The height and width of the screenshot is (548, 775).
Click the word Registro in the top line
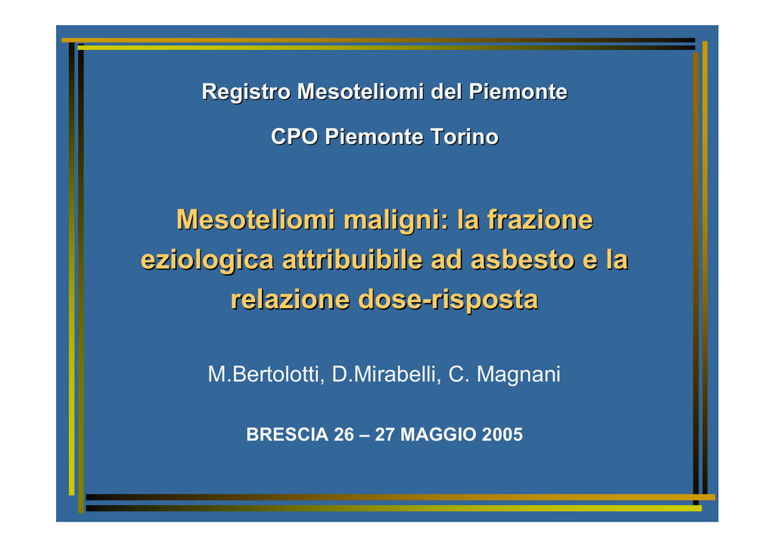pos(246,92)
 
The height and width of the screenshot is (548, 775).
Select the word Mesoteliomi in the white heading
pos(361,92)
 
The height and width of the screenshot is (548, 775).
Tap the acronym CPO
pos(294,137)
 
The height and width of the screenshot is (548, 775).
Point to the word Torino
pos(464,137)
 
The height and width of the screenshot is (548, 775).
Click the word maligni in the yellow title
pos(396,220)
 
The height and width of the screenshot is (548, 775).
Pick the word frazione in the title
pos(540,220)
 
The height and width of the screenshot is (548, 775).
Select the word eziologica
pos(207,260)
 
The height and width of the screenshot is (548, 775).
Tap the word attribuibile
pos(353,260)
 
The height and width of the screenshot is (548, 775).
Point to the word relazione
pos(290,300)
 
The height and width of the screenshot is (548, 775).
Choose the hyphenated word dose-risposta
pos(448,300)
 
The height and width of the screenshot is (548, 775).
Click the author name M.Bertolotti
pos(266,374)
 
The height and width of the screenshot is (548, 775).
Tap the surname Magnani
pos(518,374)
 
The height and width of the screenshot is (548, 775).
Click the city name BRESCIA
pos(287,434)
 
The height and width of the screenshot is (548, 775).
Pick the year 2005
pos(503,434)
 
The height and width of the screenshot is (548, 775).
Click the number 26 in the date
pos(344,434)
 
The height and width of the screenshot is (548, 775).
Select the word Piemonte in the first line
pos(518,92)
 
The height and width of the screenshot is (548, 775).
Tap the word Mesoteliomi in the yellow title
pos(256,220)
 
